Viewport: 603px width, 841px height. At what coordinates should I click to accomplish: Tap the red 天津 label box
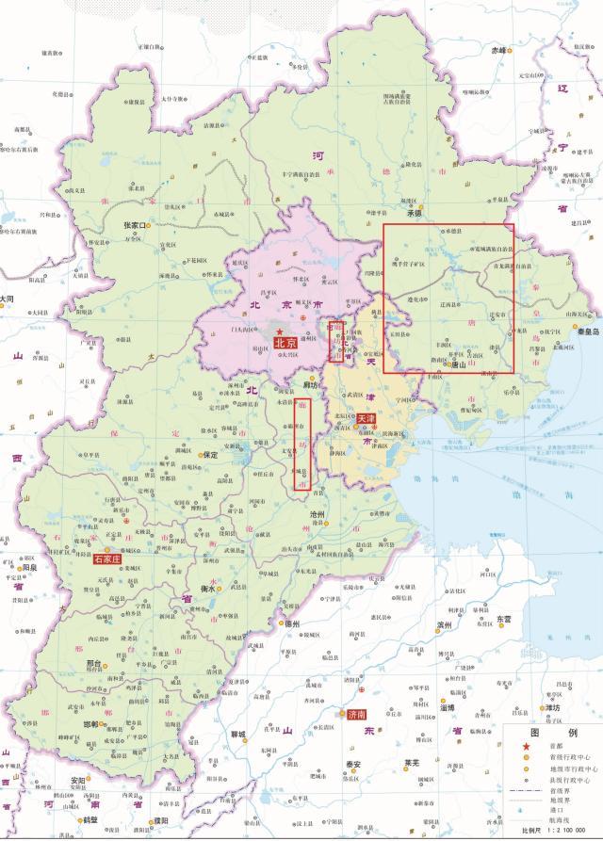(367, 417)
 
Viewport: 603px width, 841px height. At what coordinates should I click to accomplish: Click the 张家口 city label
(132, 226)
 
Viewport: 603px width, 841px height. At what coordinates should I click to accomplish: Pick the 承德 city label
(412, 214)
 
